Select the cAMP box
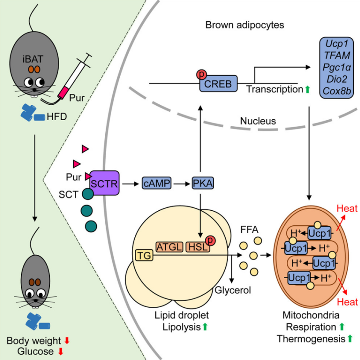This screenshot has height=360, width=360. tap(156, 183)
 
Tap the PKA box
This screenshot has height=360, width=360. tap(202, 183)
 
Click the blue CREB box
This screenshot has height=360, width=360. tap(218, 83)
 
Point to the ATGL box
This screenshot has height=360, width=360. tap(169, 247)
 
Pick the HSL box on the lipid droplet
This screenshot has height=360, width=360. tap(197, 247)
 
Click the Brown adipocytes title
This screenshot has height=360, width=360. tap(245, 25)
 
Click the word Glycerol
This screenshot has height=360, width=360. tap(233, 290)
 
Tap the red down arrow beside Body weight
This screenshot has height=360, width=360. tap(67, 340)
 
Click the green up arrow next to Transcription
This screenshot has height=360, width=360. tap(308, 89)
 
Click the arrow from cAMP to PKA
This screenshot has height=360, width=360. tap(181, 183)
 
